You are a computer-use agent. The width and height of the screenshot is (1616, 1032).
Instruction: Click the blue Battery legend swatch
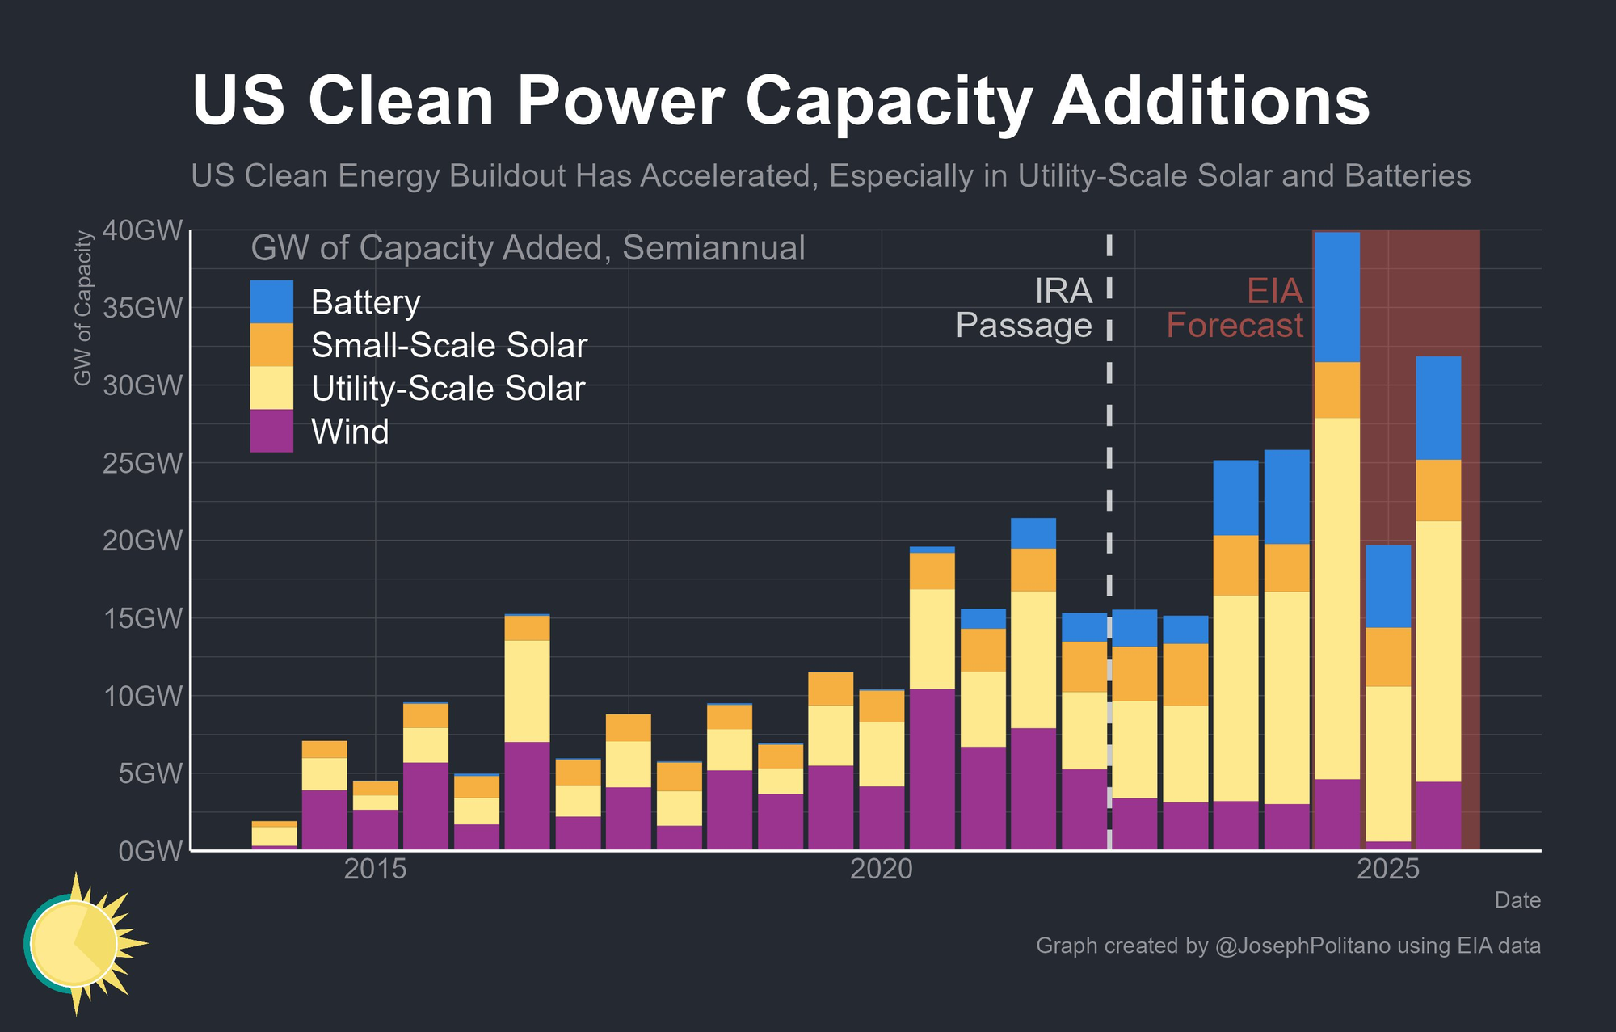[x=271, y=302]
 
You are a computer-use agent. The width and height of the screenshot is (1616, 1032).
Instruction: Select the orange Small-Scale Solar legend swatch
[x=271, y=345]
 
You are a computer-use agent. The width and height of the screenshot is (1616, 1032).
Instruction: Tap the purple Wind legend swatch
[x=271, y=431]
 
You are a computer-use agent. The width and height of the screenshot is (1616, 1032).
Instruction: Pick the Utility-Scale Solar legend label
[x=448, y=389]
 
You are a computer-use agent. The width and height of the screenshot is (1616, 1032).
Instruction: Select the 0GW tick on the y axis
[x=151, y=852]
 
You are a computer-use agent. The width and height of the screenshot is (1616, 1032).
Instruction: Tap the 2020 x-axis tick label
[x=882, y=870]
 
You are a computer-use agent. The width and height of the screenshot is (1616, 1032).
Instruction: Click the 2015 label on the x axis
[x=375, y=870]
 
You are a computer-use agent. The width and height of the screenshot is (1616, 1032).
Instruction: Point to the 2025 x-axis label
[x=1388, y=870]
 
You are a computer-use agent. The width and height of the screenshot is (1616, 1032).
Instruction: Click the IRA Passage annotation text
[x=1025, y=308]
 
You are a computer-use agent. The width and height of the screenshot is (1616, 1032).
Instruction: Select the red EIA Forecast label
[x=1235, y=308]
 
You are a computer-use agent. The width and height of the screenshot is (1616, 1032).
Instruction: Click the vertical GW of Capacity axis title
[x=82, y=308]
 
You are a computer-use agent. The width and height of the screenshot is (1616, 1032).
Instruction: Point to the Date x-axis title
[x=1517, y=900]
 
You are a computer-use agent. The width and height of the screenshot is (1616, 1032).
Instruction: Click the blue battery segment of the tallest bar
[x=1336, y=297]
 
